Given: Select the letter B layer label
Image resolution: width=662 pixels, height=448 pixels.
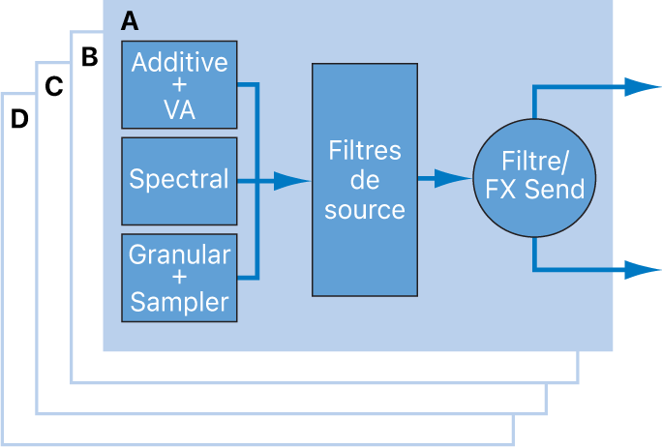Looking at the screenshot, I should pos(89,57).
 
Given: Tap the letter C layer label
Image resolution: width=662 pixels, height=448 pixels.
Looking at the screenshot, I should pos(54,87).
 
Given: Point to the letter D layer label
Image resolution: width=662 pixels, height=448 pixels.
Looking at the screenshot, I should pos(18,120).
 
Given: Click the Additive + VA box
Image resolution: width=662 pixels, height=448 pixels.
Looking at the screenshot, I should pos(179,85).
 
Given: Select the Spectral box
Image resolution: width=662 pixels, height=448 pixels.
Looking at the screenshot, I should pos(179,180).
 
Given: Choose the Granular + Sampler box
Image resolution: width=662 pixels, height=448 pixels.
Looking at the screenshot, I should pos(179,278).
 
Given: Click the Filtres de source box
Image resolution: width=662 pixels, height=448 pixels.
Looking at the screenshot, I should pos(364,180).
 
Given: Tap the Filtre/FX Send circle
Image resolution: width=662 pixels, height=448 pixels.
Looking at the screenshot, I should pos(534,180).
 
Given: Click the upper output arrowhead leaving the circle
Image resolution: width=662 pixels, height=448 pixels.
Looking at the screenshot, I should pos(641,87).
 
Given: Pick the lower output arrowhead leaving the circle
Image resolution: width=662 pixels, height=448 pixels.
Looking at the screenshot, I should pos(641,270).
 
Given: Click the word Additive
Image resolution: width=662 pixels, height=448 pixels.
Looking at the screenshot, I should pos(179,63).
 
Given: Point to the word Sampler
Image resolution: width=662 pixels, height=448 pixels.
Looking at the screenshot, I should pos(179,301).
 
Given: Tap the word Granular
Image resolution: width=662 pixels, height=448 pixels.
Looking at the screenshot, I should pos(179,255).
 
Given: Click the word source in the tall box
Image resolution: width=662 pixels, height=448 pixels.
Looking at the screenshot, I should pos(364,210).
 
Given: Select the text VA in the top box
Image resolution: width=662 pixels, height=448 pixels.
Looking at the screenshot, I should pos(179,109).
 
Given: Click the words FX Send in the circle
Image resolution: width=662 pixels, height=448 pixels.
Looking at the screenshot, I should pos(542,189).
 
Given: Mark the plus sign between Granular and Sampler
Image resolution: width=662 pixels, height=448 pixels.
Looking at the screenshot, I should pos(179,279).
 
